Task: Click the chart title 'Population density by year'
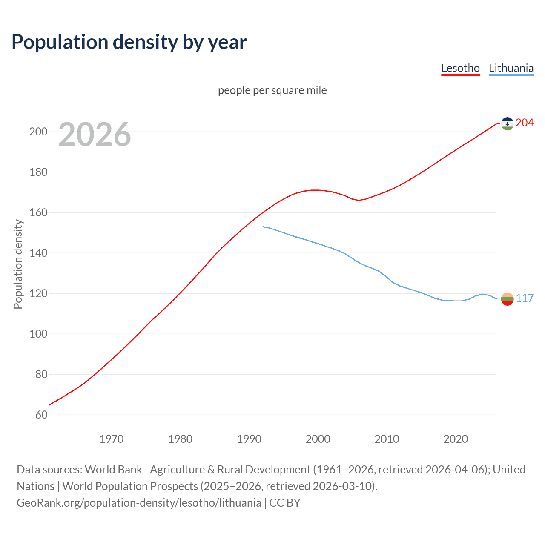pyautogui.click(x=129, y=42)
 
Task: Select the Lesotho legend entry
pyautogui.click(x=460, y=68)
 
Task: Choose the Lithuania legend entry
pyautogui.click(x=511, y=68)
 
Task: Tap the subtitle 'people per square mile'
pyautogui.click(x=272, y=90)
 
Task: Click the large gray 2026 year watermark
pyautogui.click(x=95, y=135)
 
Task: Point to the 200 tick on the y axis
pyautogui.click(x=38, y=132)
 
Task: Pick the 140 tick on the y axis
pyautogui.click(x=38, y=253)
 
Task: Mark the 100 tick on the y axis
pyautogui.click(x=38, y=334)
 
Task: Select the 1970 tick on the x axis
pyautogui.click(x=112, y=439)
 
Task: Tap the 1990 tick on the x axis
pyautogui.click(x=249, y=439)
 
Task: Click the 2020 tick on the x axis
pyautogui.click(x=456, y=439)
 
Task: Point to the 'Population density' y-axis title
pyautogui.click(x=18, y=264)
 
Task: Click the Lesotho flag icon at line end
pyautogui.click(x=507, y=123)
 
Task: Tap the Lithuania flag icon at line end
pyautogui.click(x=507, y=299)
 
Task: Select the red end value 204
pyautogui.click(x=525, y=123)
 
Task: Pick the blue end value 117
pyautogui.click(x=525, y=298)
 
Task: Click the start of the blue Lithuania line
pyautogui.click(x=263, y=227)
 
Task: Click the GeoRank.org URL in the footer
pyautogui.click(x=139, y=503)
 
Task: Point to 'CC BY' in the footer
pyautogui.click(x=285, y=503)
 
